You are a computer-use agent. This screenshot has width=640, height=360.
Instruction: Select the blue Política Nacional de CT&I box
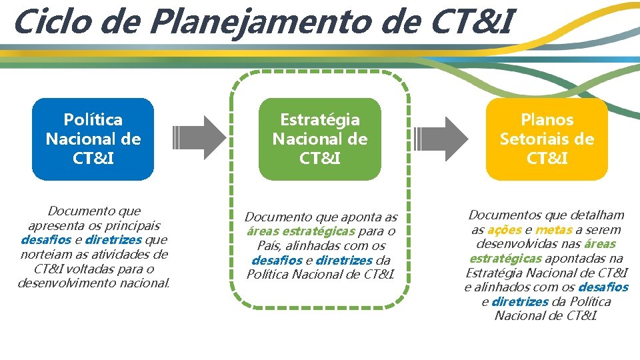[x=93, y=139]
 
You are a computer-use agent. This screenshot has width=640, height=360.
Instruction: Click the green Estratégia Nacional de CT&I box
[x=319, y=139]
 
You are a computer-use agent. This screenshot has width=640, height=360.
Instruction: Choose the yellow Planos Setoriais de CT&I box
[x=547, y=139]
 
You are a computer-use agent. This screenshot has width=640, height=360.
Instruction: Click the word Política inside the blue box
[x=93, y=120]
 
